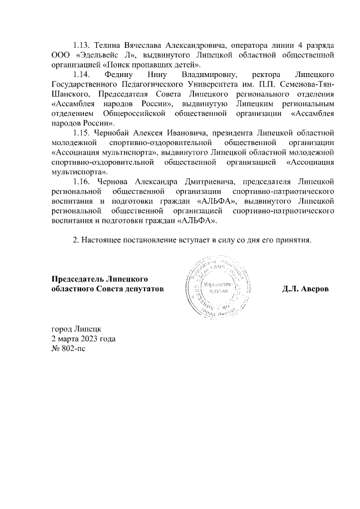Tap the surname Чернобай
click(x=114, y=133)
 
